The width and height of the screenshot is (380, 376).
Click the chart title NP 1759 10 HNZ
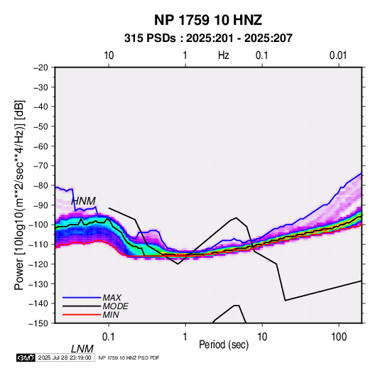click(208, 20)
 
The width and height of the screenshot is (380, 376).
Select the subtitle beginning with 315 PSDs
click(208, 38)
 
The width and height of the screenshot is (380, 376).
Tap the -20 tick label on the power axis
click(40, 68)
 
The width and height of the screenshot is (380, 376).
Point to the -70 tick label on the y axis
click(40, 166)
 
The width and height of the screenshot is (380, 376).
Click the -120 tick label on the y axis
click(38, 264)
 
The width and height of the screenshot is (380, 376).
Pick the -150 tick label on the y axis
click(38, 323)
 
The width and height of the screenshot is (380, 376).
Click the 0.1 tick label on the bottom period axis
click(109, 337)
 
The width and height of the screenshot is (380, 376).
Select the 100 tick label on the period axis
click(339, 337)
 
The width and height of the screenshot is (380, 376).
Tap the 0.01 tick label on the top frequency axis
click(338, 55)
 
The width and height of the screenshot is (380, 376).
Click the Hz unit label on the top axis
click(224, 55)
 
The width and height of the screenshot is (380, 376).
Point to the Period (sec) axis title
click(224, 345)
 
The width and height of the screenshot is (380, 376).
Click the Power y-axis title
click(19, 195)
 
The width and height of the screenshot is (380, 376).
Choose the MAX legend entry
click(112, 298)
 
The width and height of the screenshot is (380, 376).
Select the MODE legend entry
click(115, 306)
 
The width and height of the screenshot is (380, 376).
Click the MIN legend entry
click(111, 315)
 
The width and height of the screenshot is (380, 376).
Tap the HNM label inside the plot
click(83, 201)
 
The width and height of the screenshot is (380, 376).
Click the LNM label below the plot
click(82, 349)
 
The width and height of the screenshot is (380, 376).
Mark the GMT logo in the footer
click(26, 358)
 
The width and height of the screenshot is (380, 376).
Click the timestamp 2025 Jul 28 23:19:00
click(65, 358)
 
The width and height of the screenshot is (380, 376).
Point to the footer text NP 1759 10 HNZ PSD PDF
click(129, 358)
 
